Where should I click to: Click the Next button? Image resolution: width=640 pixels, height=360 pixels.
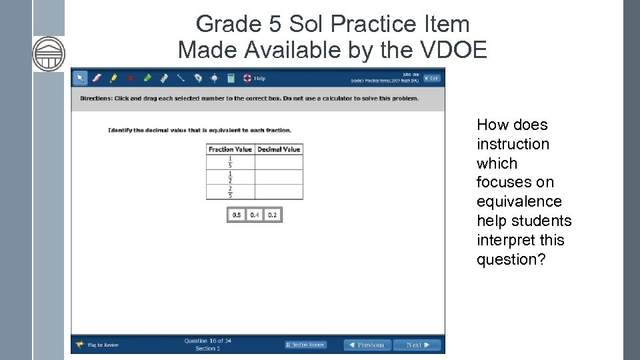[417, 345]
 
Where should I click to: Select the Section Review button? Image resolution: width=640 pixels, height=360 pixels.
[306, 345]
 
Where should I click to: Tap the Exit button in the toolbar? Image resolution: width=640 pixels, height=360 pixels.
[432, 78]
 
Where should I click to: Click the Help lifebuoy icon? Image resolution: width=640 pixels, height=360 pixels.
[247, 78]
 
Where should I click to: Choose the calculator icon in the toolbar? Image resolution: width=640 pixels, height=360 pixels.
[231, 78]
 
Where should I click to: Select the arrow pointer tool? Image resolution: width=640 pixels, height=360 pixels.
[80, 78]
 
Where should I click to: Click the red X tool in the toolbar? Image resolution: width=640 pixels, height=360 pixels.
[130, 78]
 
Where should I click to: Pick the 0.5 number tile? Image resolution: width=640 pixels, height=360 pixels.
[237, 215]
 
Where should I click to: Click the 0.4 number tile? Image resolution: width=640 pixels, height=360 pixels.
[255, 215]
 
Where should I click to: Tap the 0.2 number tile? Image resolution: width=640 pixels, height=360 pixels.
[272, 215]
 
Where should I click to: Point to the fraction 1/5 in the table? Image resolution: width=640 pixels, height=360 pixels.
[230, 162]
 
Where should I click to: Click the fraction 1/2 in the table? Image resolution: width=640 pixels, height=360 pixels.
[230, 177]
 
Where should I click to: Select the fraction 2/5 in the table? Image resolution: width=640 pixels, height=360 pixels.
[230, 192]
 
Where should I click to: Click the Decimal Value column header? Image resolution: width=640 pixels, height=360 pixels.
[279, 149]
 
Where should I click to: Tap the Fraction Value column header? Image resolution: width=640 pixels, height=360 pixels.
[230, 149]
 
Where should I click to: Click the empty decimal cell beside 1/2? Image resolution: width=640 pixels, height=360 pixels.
[279, 177]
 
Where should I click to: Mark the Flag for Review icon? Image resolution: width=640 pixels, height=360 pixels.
[80, 345]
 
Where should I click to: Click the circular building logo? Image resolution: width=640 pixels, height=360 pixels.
[49, 53]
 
